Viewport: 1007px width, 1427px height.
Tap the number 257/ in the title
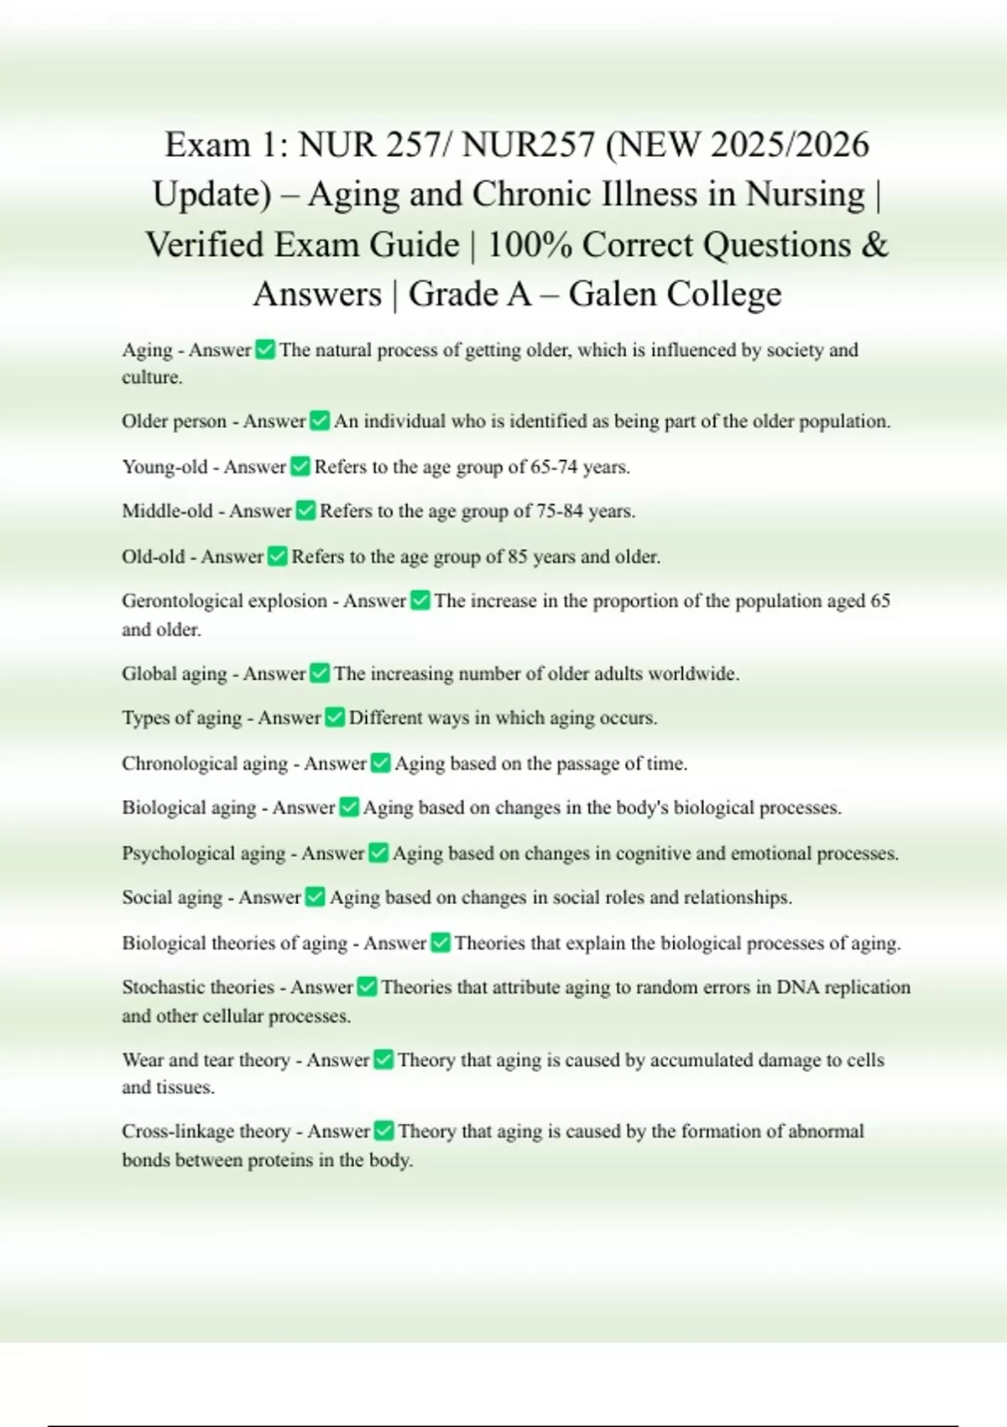[x=419, y=145]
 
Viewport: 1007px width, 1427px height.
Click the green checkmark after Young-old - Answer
[x=300, y=467]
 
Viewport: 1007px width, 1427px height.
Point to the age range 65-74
[x=554, y=467]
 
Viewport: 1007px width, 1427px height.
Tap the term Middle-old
[x=167, y=511]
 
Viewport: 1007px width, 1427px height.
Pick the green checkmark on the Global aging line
[x=320, y=673]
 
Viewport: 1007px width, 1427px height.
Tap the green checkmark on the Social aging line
[x=315, y=897]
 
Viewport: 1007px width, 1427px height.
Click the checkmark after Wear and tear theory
[x=383, y=1060]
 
